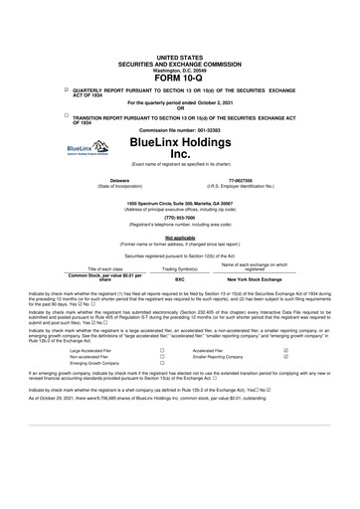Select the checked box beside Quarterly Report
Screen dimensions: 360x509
[x=66, y=90]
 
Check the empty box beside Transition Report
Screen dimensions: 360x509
[x=66, y=115]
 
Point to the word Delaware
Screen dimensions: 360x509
[x=119, y=180]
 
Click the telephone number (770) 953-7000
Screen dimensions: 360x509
[x=179, y=216]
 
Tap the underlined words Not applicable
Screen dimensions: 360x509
[x=179, y=238]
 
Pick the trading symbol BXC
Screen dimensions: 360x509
[x=179, y=279]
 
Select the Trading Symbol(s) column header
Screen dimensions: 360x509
[x=179, y=268]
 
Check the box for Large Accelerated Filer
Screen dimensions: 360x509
[x=161, y=351]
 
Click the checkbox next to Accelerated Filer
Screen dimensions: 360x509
[x=286, y=351]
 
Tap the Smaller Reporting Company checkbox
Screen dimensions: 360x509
[x=286, y=358]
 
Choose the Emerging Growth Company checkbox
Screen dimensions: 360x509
[x=161, y=365]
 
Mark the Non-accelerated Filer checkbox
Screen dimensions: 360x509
[x=161, y=358]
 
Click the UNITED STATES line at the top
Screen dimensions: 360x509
[x=179, y=59]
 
